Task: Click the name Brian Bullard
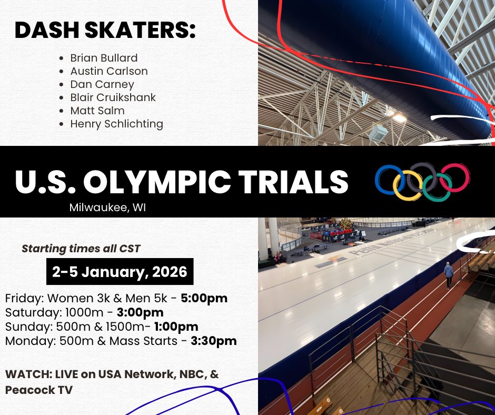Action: (104, 58)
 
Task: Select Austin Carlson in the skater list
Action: (109, 71)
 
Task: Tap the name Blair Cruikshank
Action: (113, 97)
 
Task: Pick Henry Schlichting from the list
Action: (116, 124)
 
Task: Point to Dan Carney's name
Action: (102, 84)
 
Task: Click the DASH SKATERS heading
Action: (105, 30)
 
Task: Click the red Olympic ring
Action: (455, 177)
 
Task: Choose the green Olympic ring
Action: (437, 187)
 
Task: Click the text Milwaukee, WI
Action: (107, 207)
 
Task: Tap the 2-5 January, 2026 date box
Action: (120, 272)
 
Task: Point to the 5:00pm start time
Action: (204, 299)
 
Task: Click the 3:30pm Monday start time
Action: (213, 341)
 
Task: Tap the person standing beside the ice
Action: (448, 275)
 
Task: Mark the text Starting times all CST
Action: (81, 248)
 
